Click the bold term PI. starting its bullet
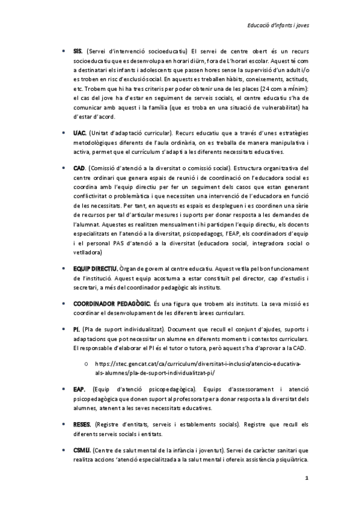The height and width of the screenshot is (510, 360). coord(76,330)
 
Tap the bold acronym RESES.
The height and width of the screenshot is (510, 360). coord(82,425)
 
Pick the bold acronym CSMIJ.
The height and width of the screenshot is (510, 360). coord(81,450)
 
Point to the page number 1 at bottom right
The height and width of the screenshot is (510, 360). coord(307,479)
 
